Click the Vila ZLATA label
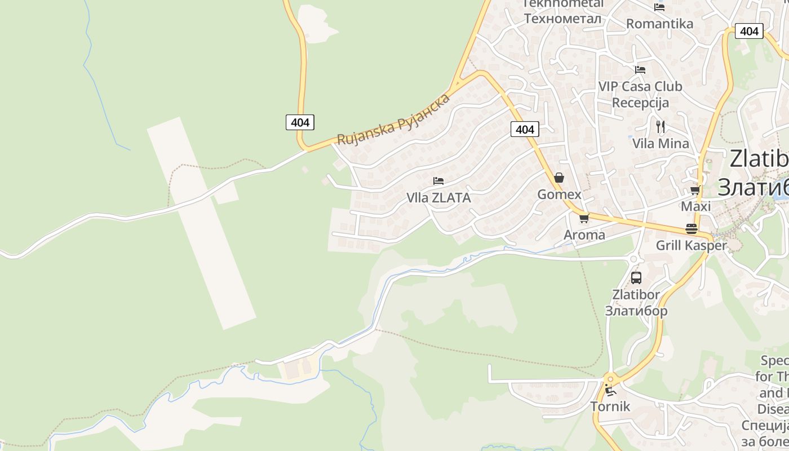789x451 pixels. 438,198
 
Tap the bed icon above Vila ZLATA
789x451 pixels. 438,181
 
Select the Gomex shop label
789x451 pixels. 559,194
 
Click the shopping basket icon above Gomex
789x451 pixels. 559,178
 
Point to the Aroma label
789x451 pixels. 584,235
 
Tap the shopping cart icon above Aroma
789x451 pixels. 584,218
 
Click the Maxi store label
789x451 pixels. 695,206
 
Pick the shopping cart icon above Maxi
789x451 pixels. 695,190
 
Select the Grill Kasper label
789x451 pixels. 692,245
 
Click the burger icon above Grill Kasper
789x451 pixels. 692,228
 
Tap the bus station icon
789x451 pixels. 636,277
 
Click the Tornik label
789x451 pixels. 610,406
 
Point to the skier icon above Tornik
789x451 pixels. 610,390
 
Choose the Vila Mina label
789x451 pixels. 661,143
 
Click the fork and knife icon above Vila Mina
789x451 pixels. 661,126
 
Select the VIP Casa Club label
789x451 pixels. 640,86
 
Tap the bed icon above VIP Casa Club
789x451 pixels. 640,70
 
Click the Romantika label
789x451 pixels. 659,24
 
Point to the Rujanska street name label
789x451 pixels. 393,119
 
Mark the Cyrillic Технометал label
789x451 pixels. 562,19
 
